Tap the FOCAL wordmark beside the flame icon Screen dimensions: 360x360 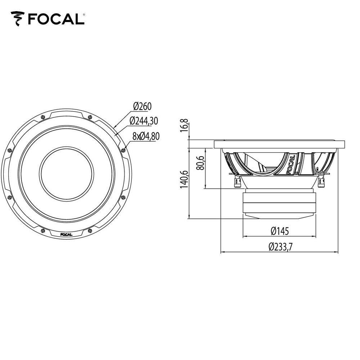tap(55, 19)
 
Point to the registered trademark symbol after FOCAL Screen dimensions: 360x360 tap(84, 15)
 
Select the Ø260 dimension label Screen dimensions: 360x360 tap(142, 106)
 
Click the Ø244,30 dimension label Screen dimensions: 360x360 tap(144, 121)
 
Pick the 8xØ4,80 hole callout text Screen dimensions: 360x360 tap(146, 136)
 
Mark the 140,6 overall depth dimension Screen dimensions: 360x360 tap(184, 179)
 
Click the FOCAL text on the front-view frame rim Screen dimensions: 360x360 tap(66, 235)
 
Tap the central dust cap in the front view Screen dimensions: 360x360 tap(66, 174)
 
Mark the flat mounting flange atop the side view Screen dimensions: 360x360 tap(279, 144)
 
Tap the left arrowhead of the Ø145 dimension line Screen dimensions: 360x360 tap(245, 237)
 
